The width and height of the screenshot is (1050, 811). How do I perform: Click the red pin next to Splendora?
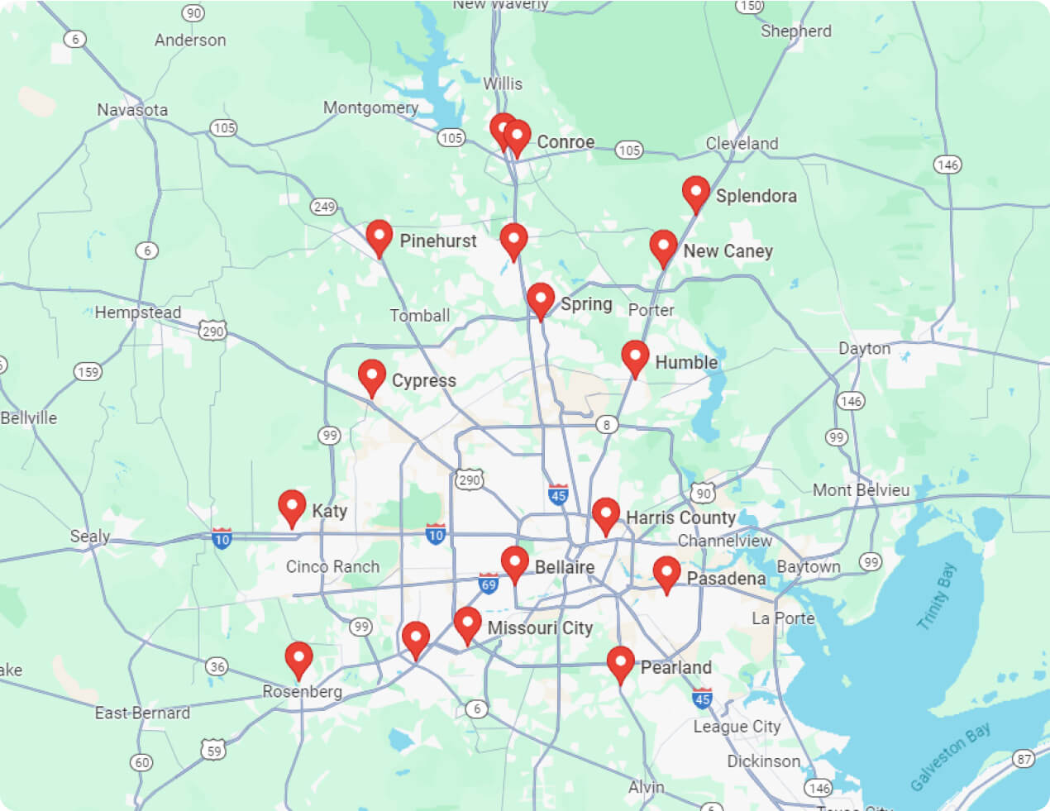coord(696,193)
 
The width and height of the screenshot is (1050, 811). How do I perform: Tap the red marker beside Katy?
coord(292,506)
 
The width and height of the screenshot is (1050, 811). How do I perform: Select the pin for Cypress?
coord(372,376)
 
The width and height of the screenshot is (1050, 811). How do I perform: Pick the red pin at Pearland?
coord(621,663)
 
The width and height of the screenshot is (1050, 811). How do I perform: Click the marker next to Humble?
coord(635,357)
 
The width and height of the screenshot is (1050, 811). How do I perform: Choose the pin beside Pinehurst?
coord(379,236)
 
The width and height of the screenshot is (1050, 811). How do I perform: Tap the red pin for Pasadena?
coord(666,573)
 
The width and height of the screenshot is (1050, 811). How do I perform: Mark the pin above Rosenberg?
coord(298,659)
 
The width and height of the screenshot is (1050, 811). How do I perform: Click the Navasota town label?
coord(132,110)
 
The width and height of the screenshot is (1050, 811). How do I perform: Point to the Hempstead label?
coord(137,312)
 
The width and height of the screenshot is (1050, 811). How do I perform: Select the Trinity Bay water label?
coord(936,596)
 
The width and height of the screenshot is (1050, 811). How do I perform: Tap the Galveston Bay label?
coord(950,756)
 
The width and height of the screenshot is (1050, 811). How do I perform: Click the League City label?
coord(737,727)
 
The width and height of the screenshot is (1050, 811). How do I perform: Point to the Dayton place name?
coord(865,348)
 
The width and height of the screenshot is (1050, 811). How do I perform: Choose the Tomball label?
coord(420,316)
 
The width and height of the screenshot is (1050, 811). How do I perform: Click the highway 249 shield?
coord(323,207)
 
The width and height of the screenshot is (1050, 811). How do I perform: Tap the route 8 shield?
coord(607,425)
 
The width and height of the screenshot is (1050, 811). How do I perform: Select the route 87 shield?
coord(1024,758)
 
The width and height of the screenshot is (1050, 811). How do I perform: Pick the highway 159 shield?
coord(88,372)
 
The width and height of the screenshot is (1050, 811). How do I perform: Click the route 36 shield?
coord(217,666)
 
